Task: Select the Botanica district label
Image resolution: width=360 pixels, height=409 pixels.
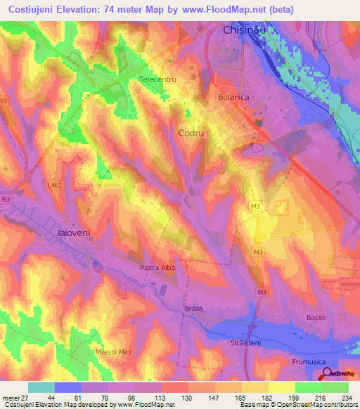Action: pyautogui.click(x=234, y=98)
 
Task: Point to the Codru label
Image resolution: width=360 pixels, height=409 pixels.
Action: pyautogui.click(x=191, y=132)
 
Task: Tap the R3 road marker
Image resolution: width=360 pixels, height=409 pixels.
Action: pyautogui.click(x=6, y=200)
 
